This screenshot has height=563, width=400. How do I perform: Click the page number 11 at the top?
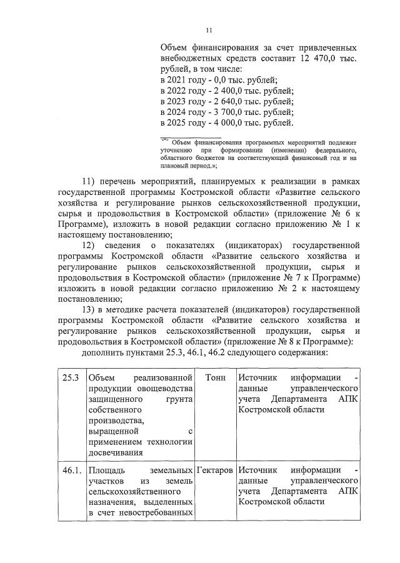click(x=209, y=29)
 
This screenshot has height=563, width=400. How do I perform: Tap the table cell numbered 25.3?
click(x=70, y=378)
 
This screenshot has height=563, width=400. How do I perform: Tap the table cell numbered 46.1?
click(x=71, y=469)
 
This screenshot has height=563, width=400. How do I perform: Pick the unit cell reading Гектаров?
click(x=214, y=469)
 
